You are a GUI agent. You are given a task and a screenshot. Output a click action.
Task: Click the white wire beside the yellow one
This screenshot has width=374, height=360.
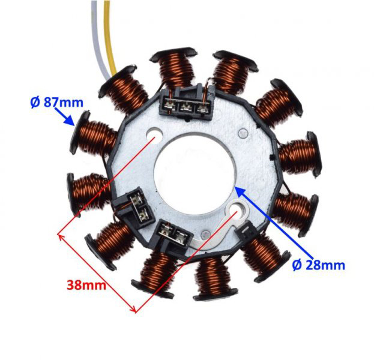97,36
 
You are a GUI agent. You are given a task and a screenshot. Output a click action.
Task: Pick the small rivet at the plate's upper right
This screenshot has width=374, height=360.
242,133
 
